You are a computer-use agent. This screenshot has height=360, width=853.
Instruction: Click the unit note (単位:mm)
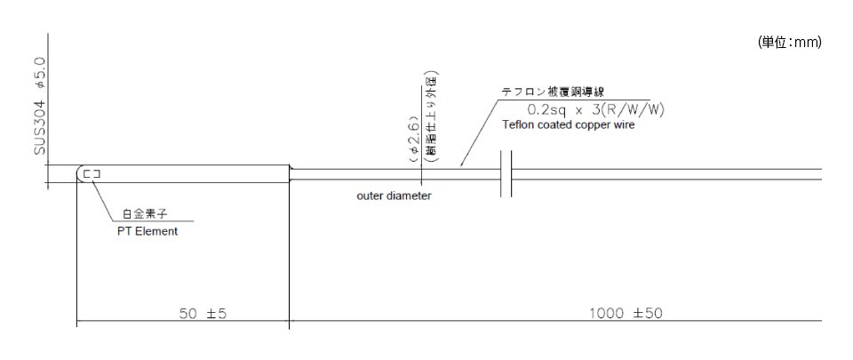tap(789, 43)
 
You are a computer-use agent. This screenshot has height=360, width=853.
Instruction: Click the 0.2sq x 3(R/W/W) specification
tap(596, 109)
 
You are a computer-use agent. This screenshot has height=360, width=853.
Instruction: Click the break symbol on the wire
tap(506, 173)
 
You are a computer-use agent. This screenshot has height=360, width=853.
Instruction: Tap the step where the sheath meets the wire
tap(291, 173)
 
